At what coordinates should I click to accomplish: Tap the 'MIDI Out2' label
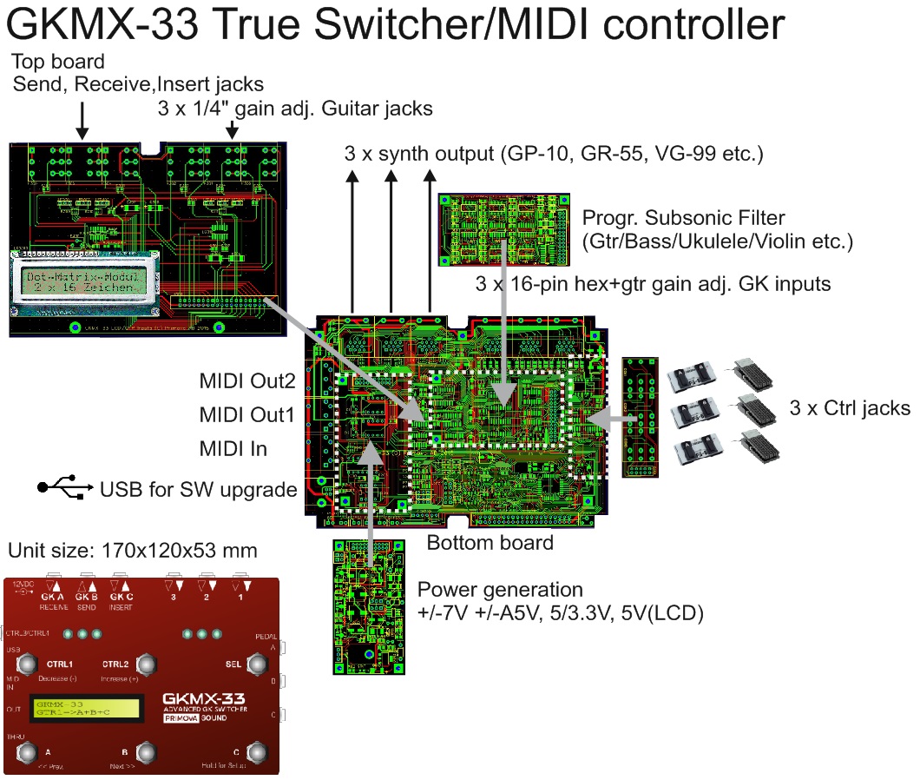pos(247,380)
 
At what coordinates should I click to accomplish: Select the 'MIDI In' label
pos(233,449)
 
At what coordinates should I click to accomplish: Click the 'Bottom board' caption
pos(490,543)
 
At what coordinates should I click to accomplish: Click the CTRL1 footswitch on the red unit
pos(26,665)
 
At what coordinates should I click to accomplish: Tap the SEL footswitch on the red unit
pos(257,665)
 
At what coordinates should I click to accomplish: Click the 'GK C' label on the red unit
pos(121,597)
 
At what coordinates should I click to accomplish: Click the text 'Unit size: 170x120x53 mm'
pos(133,550)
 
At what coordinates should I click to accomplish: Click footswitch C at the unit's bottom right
pos(257,751)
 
